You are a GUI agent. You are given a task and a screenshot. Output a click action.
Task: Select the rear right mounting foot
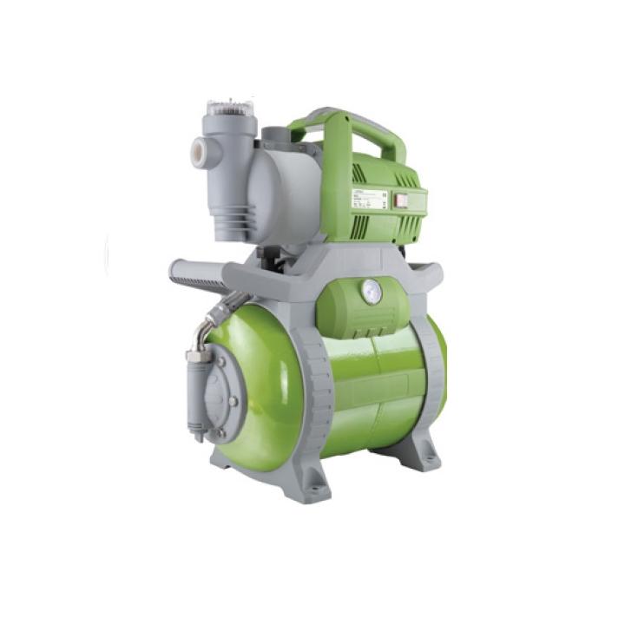point(426,451)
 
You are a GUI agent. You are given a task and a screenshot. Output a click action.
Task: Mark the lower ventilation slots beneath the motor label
point(382,227)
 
